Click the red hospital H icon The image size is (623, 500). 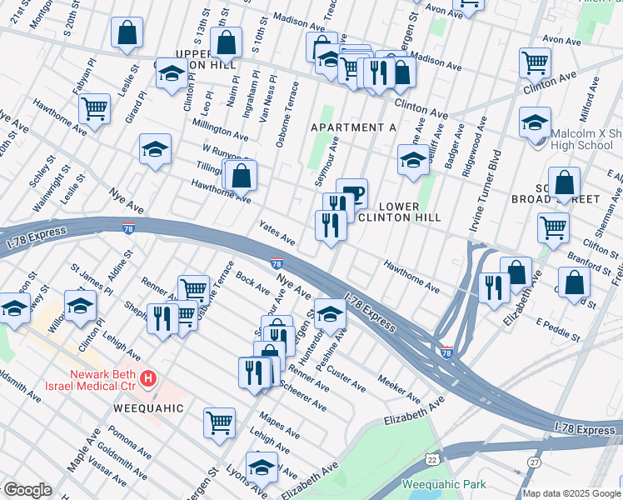148,379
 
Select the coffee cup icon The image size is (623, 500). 351,193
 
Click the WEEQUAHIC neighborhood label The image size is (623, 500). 151,409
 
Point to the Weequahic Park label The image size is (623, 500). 442,484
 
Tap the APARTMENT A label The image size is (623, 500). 352,127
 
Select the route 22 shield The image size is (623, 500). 431,459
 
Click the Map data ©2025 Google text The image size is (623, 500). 571,493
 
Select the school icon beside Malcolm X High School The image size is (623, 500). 534,122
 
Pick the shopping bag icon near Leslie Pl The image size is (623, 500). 127,33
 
